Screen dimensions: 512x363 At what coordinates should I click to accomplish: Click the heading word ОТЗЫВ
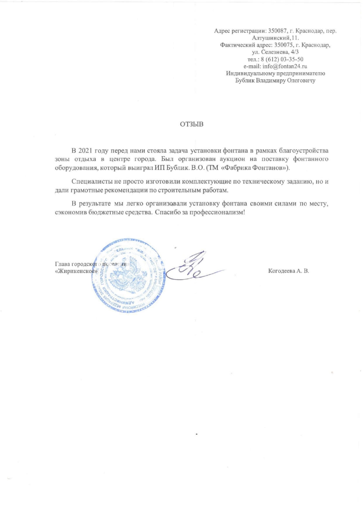pos(192,124)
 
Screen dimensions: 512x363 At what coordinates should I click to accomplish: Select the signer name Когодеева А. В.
pos(288,271)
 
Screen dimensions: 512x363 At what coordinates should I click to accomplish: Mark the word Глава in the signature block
pos(62,264)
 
